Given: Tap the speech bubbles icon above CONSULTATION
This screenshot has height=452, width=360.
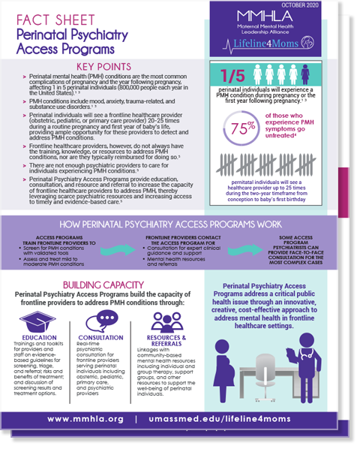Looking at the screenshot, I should pyautogui.click(x=101, y=322).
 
